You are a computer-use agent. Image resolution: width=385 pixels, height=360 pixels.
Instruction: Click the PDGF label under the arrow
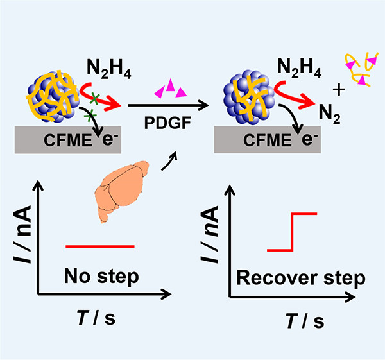167,123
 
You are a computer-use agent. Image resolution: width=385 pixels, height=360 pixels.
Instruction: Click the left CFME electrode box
68,140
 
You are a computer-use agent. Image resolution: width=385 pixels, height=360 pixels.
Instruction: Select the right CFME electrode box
268,140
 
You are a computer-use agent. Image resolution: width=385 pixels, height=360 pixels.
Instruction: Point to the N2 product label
330,114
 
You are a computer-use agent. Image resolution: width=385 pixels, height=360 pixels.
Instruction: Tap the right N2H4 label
299,68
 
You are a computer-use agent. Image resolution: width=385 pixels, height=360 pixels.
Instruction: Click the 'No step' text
101,277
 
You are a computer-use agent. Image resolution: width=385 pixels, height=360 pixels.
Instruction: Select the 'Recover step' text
301,279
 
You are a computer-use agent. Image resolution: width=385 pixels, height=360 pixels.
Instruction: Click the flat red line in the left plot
100,246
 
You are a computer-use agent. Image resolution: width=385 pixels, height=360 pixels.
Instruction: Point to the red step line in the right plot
292,232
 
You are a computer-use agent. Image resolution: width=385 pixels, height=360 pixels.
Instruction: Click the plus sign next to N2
339,90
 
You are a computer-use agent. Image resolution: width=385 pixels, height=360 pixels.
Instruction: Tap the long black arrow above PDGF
168,105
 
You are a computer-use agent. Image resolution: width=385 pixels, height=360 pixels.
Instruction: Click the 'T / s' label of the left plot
96,318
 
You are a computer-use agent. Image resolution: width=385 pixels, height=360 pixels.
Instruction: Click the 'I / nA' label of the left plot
22,234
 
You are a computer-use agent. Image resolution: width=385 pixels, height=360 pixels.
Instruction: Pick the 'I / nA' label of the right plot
209,234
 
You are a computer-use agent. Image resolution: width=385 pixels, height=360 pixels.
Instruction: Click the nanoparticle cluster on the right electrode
249,97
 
